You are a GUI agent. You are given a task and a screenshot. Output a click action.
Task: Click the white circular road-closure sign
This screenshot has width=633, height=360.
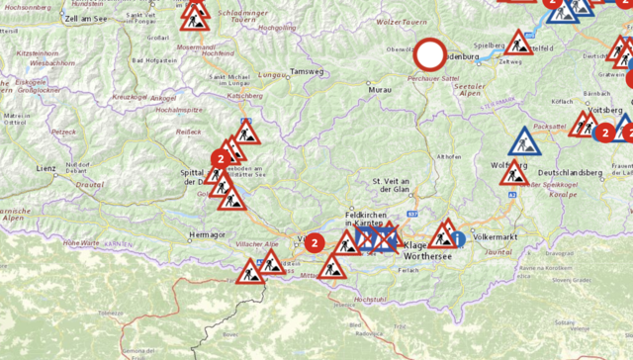click(x=431, y=55)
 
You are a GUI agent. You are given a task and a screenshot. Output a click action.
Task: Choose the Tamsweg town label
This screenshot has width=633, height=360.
click(x=308, y=72)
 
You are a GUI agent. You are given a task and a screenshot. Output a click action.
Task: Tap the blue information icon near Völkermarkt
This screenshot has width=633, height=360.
click(x=457, y=239)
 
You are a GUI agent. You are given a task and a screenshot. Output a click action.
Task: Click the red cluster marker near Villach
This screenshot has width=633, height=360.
click(x=315, y=241)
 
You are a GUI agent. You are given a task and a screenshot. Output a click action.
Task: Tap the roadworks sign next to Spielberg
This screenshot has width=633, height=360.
click(x=518, y=43)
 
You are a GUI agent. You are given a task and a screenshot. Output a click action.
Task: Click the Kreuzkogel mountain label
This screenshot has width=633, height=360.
click(x=130, y=97)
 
